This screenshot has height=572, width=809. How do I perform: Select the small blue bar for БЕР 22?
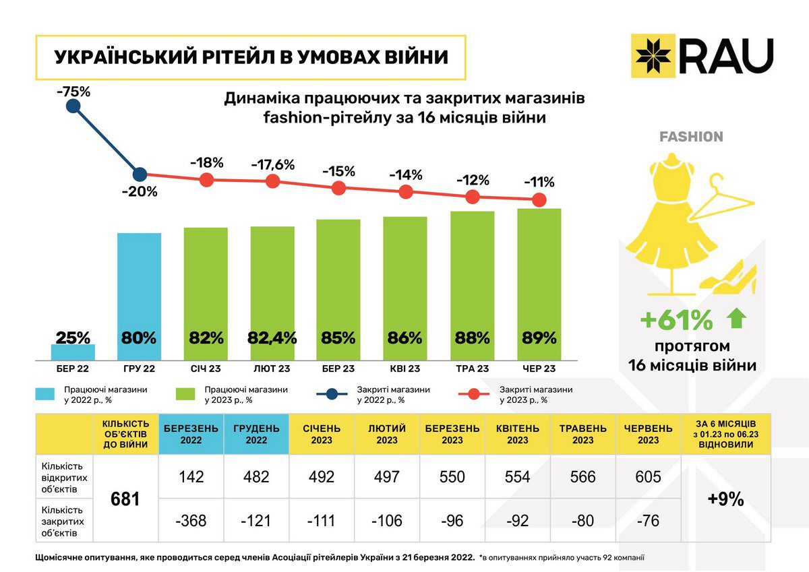click(x=73, y=352)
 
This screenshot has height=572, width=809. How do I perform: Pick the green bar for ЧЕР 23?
click(x=539, y=283)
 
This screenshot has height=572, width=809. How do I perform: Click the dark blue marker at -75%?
click(x=73, y=106)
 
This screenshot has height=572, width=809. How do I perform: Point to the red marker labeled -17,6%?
click(x=272, y=181)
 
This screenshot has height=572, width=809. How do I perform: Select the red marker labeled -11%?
click(x=539, y=199)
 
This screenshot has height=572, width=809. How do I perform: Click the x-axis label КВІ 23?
click(x=405, y=369)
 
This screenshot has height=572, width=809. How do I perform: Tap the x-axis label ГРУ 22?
click(x=140, y=369)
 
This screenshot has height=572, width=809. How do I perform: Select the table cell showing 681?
click(x=125, y=499)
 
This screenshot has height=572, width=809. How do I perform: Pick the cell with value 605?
click(x=649, y=477)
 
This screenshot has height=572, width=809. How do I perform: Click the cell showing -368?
click(x=191, y=521)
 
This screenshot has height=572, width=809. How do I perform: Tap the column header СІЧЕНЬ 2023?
click(x=321, y=435)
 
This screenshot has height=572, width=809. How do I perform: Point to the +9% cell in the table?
click(x=725, y=499)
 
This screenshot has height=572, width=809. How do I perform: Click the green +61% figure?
click(x=676, y=321)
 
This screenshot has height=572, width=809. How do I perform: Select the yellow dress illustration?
click(x=672, y=216)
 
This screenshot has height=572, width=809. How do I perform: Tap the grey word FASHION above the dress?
click(x=691, y=137)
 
